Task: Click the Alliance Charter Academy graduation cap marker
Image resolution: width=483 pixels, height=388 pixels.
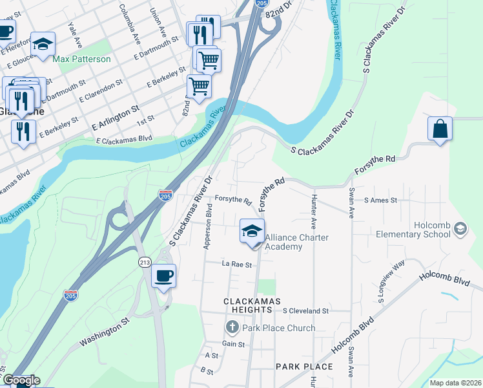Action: [252, 231]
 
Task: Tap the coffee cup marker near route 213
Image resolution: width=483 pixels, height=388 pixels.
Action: [163, 276]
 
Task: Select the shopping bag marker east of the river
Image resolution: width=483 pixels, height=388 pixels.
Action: [440, 128]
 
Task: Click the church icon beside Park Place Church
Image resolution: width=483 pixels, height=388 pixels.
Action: [233, 328]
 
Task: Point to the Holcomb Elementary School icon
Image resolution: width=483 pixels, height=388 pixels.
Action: [460, 228]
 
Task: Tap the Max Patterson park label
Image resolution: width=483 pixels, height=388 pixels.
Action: [82, 59]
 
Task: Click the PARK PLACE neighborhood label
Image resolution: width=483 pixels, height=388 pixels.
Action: [304, 367]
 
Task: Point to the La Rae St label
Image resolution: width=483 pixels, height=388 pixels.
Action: [236, 264]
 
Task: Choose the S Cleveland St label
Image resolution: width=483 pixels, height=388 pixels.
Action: [305, 311]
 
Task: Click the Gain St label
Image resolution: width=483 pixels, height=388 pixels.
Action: [234, 345]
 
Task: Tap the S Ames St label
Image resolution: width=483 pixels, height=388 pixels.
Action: [380, 200]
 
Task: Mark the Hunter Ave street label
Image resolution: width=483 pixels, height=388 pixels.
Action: [314, 212]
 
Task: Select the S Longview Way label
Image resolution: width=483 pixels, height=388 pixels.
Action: [391, 281]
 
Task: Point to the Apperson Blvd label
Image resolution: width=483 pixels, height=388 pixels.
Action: [208, 227]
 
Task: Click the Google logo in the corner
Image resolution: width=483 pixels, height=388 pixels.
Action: [21, 380]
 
